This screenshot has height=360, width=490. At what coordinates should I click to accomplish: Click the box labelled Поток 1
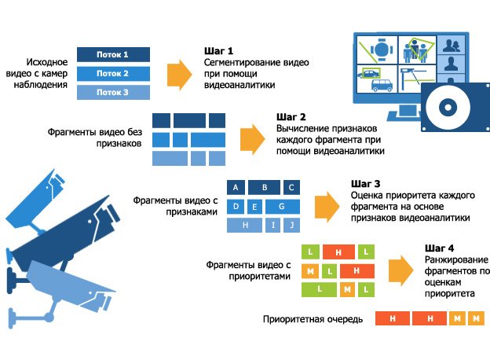click(x=112, y=54)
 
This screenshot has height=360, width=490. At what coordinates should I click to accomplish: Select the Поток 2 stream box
click(x=112, y=73)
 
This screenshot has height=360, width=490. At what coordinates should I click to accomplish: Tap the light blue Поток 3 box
click(x=112, y=92)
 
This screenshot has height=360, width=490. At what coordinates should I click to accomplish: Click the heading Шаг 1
click(x=218, y=50)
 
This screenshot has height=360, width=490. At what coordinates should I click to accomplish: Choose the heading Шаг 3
click(x=365, y=183)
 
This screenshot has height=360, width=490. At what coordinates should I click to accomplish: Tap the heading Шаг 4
click(x=439, y=249)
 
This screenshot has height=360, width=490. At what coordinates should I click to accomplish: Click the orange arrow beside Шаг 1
click(x=181, y=72)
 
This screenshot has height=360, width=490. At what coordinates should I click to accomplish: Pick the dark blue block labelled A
click(x=236, y=188)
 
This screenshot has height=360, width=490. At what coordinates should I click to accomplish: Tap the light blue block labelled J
click(x=291, y=226)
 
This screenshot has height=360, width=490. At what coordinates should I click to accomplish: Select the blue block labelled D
click(x=235, y=207)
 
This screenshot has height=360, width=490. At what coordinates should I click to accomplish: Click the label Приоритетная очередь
click(x=312, y=319)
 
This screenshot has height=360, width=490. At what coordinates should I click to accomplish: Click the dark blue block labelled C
click(x=291, y=188)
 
